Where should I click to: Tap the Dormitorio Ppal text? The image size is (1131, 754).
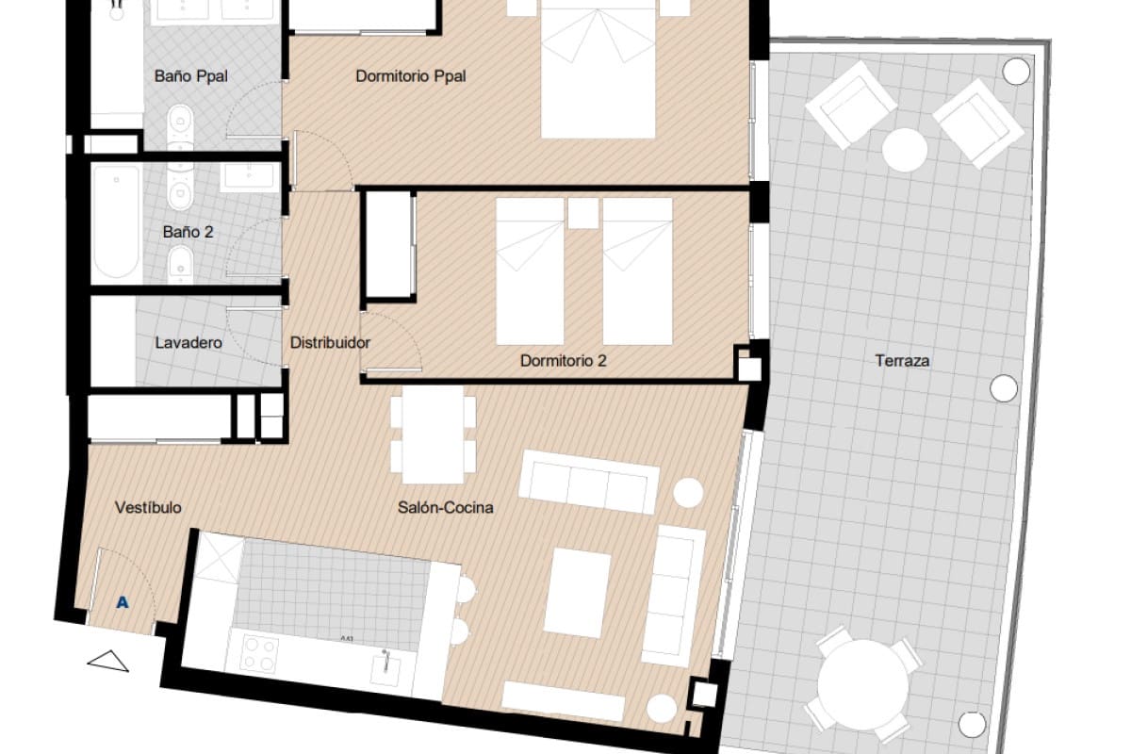pyautogui.click(x=411, y=76)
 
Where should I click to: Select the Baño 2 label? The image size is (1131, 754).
pyautogui.click(x=188, y=230)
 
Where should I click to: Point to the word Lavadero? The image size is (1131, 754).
pyautogui.click(x=188, y=343)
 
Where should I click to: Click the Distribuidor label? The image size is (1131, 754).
pyautogui.click(x=330, y=343)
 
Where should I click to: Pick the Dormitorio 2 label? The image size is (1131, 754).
pyautogui.click(x=563, y=360)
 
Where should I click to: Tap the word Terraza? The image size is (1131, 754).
pyautogui.click(x=902, y=360)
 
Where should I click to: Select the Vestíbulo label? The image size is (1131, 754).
pyautogui.click(x=148, y=508)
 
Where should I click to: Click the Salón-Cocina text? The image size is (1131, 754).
pyautogui.click(x=446, y=508)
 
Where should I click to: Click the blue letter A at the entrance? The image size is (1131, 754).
pyautogui.click(x=122, y=601)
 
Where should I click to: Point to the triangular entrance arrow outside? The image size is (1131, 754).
pyautogui.click(x=108, y=662)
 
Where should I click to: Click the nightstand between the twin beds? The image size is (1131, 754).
pyautogui.click(x=582, y=214)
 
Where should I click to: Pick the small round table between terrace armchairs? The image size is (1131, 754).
pyautogui.click(x=905, y=150)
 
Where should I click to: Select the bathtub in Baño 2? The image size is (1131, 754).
pyautogui.click(x=117, y=222)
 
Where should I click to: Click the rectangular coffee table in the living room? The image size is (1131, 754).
pyautogui.click(x=579, y=592)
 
